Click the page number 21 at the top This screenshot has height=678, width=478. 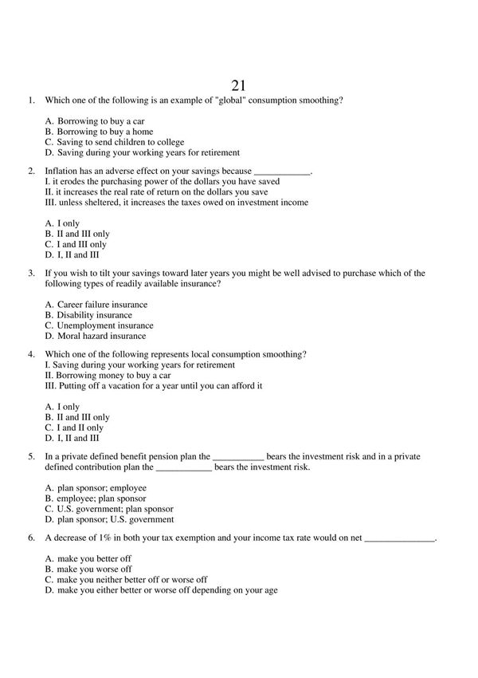[x=238, y=85]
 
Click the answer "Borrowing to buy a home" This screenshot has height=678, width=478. [x=104, y=132]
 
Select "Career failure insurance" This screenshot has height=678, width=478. [x=102, y=305]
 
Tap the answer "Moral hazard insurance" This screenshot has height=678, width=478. [x=101, y=336]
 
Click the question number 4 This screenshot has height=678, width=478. [x=31, y=354]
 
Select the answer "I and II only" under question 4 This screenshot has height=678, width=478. [x=80, y=428]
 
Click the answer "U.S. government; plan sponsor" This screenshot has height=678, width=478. [x=115, y=508]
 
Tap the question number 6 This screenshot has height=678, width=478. [x=31, y=538]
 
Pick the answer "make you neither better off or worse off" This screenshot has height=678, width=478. [x=131, y=580]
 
